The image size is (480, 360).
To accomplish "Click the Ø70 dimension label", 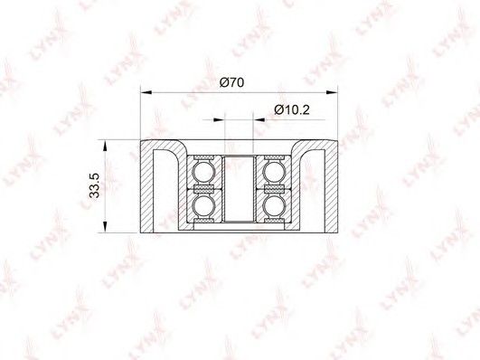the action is click(x=231, y=82).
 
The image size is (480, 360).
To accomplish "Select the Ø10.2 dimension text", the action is click(x=292, y=109).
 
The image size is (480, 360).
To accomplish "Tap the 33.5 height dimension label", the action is click(x=95, y=185).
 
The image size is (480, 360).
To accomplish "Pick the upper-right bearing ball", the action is click(x=274, y=172).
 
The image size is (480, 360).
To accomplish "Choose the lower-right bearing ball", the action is click(x=274, y=205).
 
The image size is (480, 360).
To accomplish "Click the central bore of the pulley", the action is click(x=239, y=188).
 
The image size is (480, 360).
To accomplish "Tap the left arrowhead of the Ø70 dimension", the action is click(x=146, y=92).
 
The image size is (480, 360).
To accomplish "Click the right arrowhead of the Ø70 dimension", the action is click(x=332, y=92).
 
